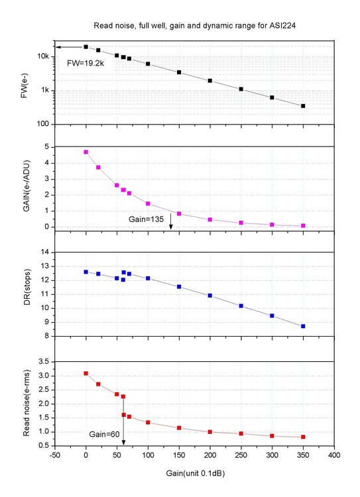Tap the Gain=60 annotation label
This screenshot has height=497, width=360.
105,434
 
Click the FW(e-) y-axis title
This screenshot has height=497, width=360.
25,85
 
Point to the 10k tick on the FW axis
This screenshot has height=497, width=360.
43,56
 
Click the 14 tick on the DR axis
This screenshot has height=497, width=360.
45,252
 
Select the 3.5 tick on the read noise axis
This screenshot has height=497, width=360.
44,362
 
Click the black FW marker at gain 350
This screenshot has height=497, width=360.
303,106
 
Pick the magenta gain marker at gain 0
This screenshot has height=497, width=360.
86,152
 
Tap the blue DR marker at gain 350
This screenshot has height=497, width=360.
303,326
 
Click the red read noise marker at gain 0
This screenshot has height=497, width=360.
86,373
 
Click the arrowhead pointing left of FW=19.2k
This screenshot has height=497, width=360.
58,47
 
